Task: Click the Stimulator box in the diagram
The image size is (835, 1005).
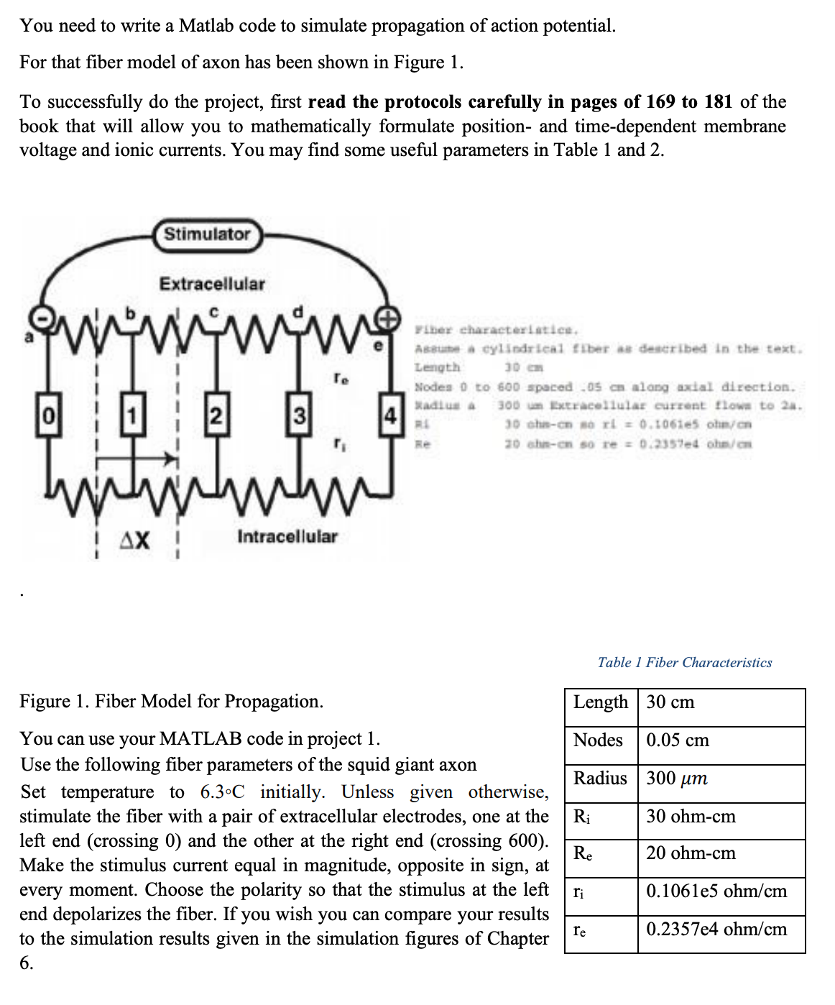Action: coord(207,234)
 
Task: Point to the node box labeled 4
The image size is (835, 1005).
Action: coord(389,416)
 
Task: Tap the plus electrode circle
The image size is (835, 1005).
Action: coord(389,318)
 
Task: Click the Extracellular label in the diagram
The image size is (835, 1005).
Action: coord(212,284)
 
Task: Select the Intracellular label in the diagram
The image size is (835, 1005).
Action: coord(287,536)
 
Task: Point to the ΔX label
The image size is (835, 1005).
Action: coord(135,539)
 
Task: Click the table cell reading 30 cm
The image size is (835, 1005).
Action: coord(670,702)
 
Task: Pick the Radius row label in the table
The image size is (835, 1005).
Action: coord(600,779)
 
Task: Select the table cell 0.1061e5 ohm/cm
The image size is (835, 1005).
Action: coord(716,891)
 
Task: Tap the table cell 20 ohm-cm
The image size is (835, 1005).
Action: coord(691,853)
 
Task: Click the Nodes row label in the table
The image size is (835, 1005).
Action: coord(598,740)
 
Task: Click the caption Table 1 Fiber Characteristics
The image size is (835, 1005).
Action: coord(684,662)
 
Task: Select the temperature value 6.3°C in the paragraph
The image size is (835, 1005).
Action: coord(222,792)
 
